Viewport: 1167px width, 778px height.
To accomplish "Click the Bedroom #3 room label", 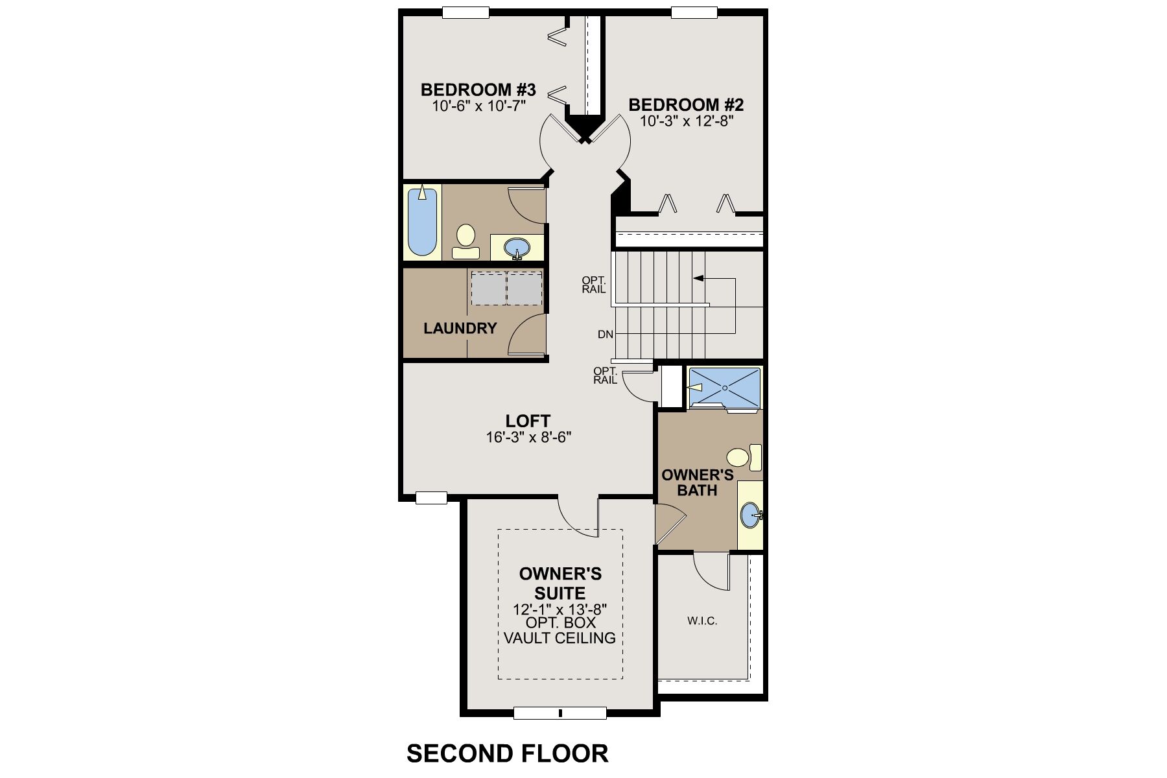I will pyautogui.click(x=478, y=89).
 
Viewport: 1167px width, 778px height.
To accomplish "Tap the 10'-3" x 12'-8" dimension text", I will pyautogui.click(x=686, y=121).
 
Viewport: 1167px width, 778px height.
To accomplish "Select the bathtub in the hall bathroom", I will pyautogui.click(x=422, y=222).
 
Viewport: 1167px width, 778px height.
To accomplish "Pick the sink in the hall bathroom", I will pyautogui.click(x=517, y=248).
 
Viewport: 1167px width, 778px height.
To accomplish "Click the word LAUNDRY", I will pyautogui.click(x=460, y=329).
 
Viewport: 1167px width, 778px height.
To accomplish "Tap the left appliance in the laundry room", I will pyautogui.click(x=488, y=289).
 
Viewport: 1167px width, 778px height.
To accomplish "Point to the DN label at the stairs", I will pyautogui.click(x=606, y=335).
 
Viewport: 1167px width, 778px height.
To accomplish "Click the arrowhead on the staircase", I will pyautogui.click(x=698, y=279).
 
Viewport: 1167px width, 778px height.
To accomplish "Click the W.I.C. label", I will pyautogui.click(x=701, y=621).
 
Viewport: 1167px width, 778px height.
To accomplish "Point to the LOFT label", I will pyautogui.click(x=528, y=421).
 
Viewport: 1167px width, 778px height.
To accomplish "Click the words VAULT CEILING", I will pyautogui.click(x=560, y=638).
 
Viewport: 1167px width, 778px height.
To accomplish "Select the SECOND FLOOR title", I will pyautogui.click(x=507, y=753).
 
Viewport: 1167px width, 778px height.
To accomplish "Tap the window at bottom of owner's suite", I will pyautogui.click(x=560, y=713).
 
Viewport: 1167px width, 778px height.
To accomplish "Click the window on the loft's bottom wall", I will pyautogui.click(x=431, y=498).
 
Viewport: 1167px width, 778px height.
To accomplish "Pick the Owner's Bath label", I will pyautogui.click(x=697, y=482).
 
